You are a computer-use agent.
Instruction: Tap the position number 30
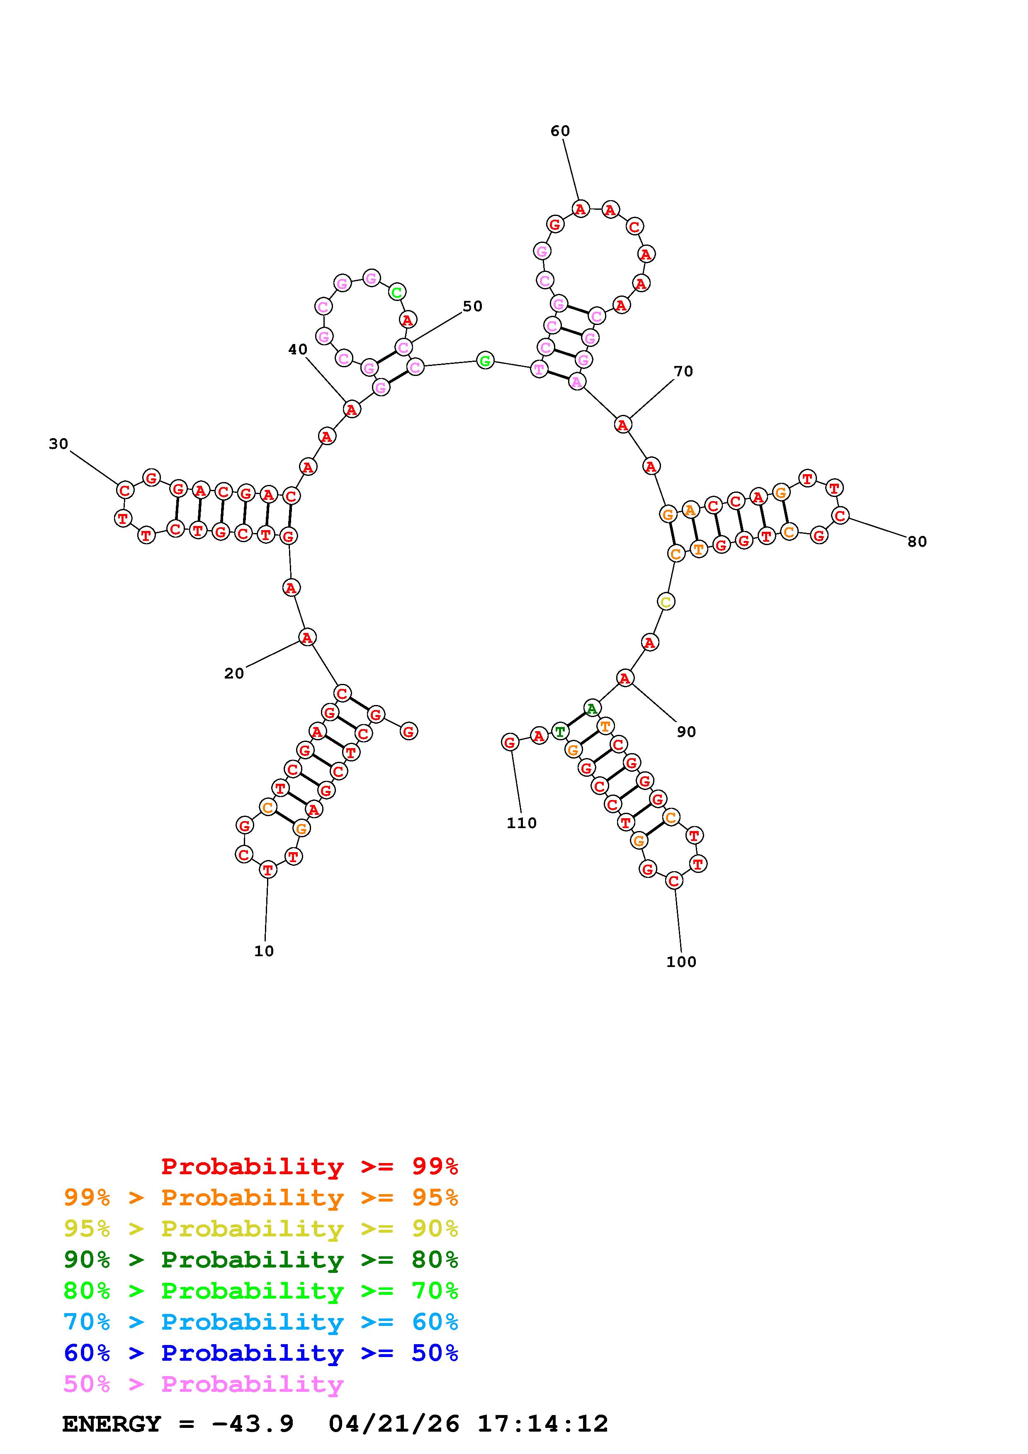[x=58, y=444]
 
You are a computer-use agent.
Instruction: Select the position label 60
[x=560, y=131]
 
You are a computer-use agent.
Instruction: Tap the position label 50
[x=472, y=306]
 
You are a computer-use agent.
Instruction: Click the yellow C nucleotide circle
[x=666, y=601]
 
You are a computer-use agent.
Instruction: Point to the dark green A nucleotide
[x=592, y=708]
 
